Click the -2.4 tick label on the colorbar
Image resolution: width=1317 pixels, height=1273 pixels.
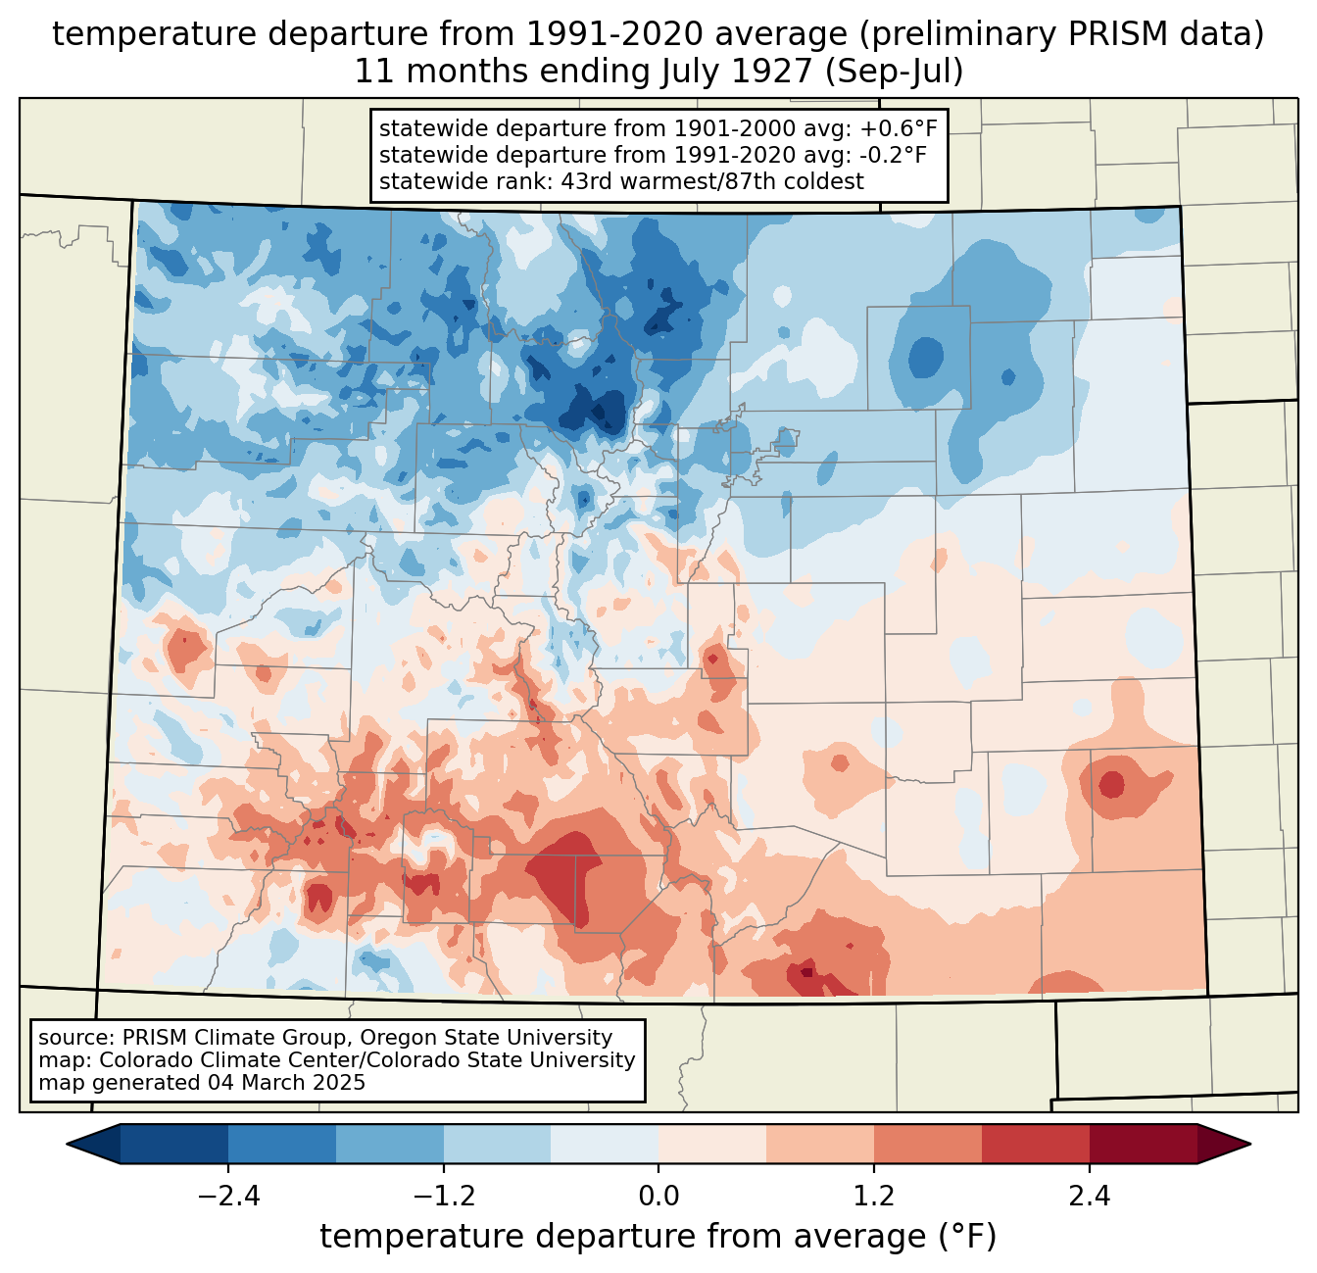pos(228,1196)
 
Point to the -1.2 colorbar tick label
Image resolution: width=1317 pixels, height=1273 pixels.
pos(444,1196)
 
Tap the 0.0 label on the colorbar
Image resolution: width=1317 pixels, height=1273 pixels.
pos(658,1196)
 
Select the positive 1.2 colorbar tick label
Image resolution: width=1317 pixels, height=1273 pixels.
pos(874,1196)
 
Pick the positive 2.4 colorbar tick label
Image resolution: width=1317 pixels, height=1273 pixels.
pos(1090,1196)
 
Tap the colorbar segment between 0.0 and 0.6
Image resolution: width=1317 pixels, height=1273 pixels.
pos(712,1144)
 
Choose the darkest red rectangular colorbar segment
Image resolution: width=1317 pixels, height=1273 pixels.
pos(1144,1144)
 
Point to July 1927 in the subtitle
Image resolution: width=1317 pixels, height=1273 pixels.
pos(737,72)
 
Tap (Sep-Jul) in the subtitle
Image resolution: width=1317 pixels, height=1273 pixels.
pos(894,72)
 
